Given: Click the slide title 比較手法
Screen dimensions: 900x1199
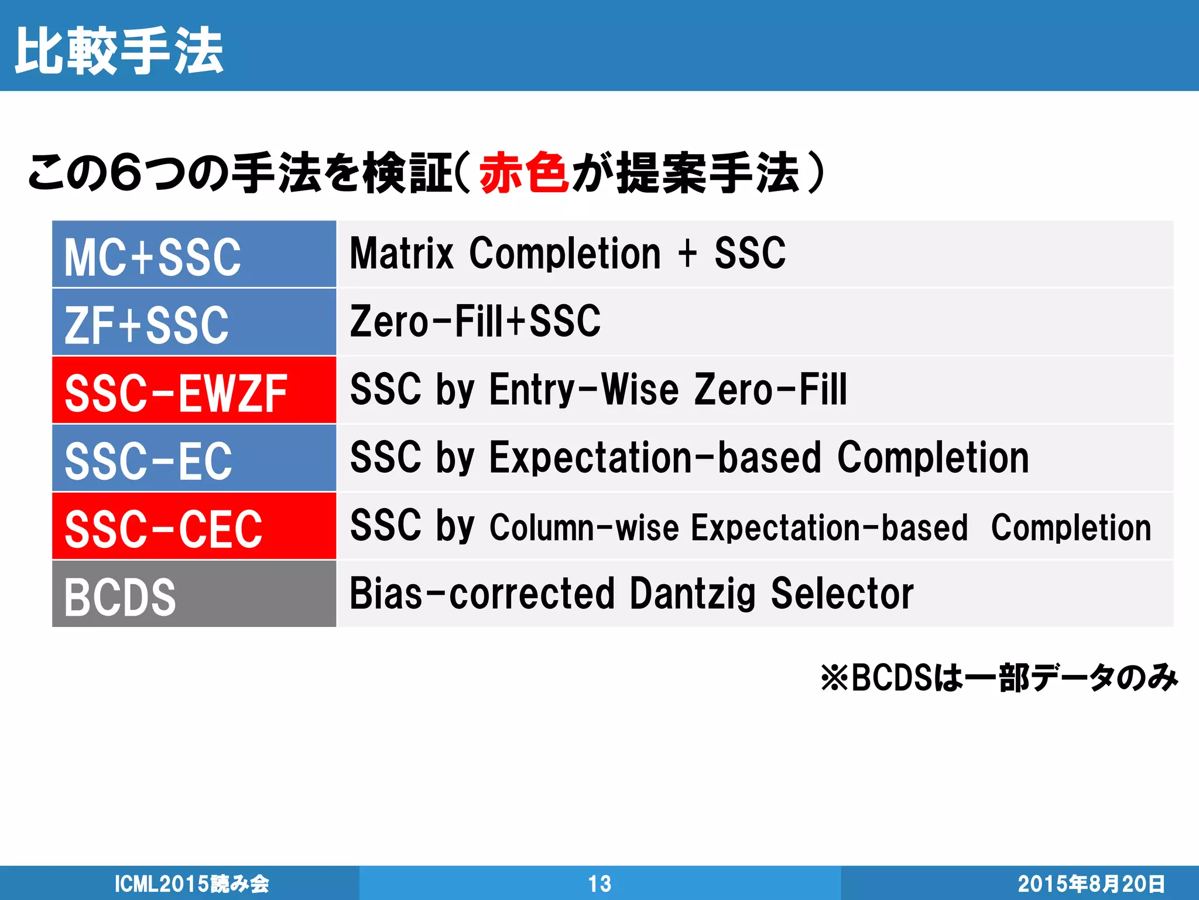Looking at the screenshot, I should click(x=119, y=52).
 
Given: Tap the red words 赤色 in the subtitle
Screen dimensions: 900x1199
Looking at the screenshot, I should click(x=523, y=172).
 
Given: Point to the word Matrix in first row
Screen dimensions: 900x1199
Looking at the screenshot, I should click(x=402, y=254).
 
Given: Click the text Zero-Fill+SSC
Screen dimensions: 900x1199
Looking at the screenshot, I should click(x=475, y=322).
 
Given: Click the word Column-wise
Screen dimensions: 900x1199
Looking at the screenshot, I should click(x=584, y=527).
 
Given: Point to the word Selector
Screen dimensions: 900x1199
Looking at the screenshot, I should click(x=842, y=594).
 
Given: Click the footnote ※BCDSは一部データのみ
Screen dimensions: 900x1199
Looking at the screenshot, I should click(x=999, y=678).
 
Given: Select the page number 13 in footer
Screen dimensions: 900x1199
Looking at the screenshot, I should click(x=599, y=884).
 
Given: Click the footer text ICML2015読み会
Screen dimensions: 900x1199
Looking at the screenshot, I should click(x=191, y=884).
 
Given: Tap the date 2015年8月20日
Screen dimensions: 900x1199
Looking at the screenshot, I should click(x=1091, y=884).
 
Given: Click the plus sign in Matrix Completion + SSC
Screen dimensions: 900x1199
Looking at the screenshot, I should click(x=687, y=254).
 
